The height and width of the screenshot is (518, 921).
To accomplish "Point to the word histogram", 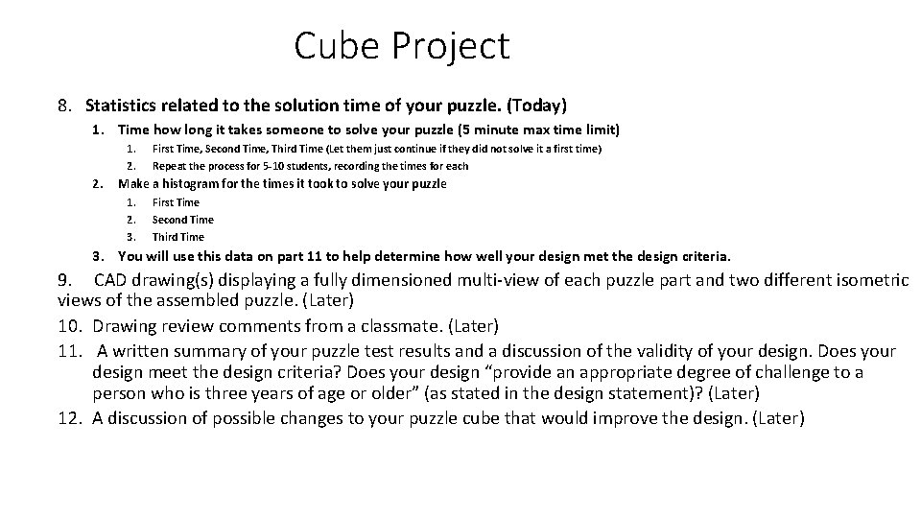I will pyautogui.click(x=212, y=183).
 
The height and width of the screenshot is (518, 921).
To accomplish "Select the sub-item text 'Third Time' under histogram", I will pyautogui.click(x=177, y=237).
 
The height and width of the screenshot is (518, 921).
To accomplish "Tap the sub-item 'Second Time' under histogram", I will pyautogui.click(x=182, y=220).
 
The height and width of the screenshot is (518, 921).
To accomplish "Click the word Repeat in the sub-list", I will pyautogui.click(x=169, y=166).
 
